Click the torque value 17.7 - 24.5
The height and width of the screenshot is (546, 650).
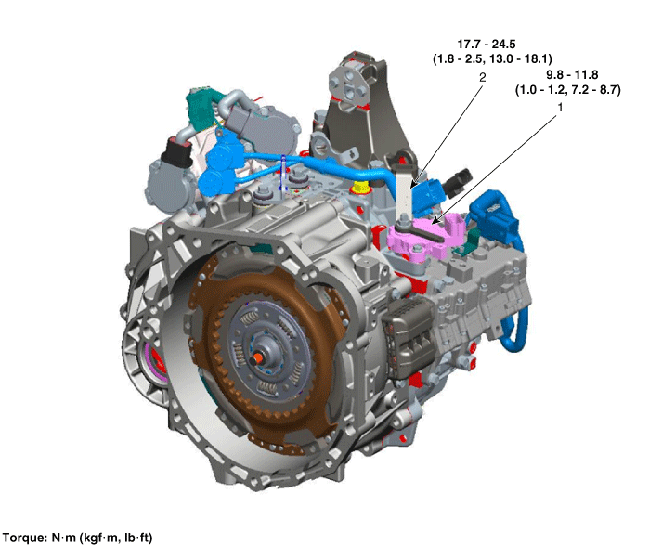click(x=487, y=44)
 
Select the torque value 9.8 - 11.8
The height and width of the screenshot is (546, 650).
click(x=572, y=74)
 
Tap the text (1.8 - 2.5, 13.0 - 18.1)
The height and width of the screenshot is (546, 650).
click(x=492, y=58)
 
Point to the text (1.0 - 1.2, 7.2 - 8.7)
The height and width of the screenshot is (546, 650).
click(x=568, y=89)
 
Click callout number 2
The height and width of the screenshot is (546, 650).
click(x=482, y=77)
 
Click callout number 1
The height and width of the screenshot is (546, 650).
click(x=561, y=108)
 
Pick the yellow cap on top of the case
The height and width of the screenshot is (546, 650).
click(x=360, y=187)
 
